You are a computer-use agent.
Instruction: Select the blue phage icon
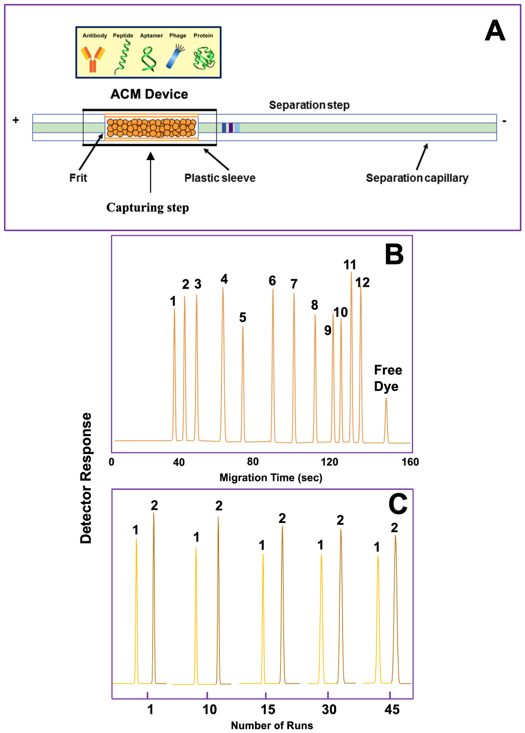point(175,57)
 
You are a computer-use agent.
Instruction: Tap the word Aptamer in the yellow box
point(152,35)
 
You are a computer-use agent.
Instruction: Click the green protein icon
point(204,58)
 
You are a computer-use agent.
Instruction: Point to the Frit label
point(78,178)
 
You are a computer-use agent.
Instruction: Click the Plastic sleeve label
point(220,178)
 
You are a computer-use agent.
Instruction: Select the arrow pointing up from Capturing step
point(151,172)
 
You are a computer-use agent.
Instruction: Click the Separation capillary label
point(417,178)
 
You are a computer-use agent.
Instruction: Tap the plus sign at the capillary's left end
point(16,120)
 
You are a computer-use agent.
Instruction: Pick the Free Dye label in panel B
point(388,378)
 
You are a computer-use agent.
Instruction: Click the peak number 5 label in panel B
point(243,317)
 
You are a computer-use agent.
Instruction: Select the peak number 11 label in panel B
point(350,264)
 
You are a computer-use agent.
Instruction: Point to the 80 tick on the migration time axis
point(253,461)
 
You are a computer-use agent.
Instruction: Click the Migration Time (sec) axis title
point(271,477)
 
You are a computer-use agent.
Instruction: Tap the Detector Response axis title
point(86,478)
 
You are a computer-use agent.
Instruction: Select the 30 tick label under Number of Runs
point(329,709)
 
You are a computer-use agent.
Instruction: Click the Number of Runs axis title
point(272,725)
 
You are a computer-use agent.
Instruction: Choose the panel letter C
point(398,504)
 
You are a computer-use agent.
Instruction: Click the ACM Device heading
point(149,94)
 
